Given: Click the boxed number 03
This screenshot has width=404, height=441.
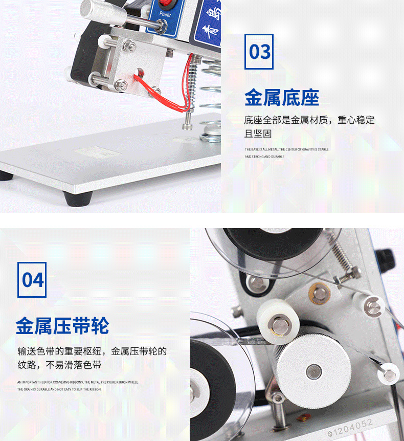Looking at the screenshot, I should click(259, 52).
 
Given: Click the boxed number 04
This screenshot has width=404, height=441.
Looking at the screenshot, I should click(32, 280).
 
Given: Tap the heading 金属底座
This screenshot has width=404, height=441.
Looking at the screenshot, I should click(281, 97).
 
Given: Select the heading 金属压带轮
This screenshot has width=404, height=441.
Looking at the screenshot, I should click(62, 325).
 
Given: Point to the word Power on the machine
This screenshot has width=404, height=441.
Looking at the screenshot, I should click(165, 14).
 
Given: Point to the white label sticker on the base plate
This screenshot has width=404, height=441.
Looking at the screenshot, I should click(92, 152).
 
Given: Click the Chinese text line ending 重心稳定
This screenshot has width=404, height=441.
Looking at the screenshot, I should click(309, 121).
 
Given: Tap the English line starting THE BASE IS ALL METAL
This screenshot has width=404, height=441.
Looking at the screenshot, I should click(286, 149).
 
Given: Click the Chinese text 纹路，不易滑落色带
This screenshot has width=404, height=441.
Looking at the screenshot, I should click(59, 365).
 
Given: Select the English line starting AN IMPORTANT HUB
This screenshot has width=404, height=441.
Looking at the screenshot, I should click(77, 382).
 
